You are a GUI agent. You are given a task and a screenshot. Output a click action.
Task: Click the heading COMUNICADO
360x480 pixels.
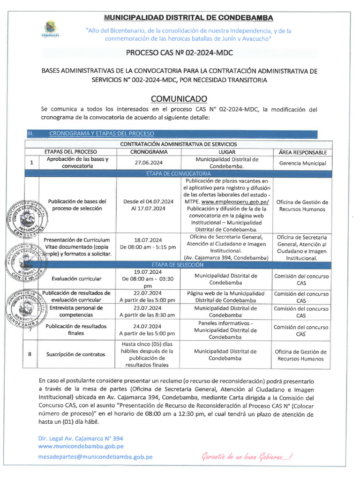[179, 98]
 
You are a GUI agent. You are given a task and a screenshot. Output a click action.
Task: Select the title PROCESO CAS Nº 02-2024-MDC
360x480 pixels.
[180, 53]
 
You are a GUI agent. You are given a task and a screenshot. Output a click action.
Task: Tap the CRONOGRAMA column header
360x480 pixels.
[149, 152]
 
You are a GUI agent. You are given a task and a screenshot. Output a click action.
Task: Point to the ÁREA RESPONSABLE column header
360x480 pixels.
[303, 152]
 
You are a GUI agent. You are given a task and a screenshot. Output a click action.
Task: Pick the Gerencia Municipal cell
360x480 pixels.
[303, 163]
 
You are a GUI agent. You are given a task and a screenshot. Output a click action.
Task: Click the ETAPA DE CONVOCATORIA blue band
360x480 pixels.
[180, 173]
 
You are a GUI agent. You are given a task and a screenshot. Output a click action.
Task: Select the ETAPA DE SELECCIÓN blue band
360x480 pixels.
[180, 264]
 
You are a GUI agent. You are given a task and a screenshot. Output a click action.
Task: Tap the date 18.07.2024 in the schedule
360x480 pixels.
[148, 239]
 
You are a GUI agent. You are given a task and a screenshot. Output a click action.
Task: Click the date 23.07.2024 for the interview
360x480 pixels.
[147, 308]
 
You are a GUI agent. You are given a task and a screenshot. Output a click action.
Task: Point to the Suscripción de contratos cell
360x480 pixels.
[75, 354]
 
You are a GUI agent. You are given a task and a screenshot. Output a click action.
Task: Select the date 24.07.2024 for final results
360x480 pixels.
[147, 326]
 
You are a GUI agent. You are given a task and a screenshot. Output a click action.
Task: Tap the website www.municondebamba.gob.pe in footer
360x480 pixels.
[81, 446]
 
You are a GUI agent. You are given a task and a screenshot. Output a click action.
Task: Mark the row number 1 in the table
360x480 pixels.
[31, 163]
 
